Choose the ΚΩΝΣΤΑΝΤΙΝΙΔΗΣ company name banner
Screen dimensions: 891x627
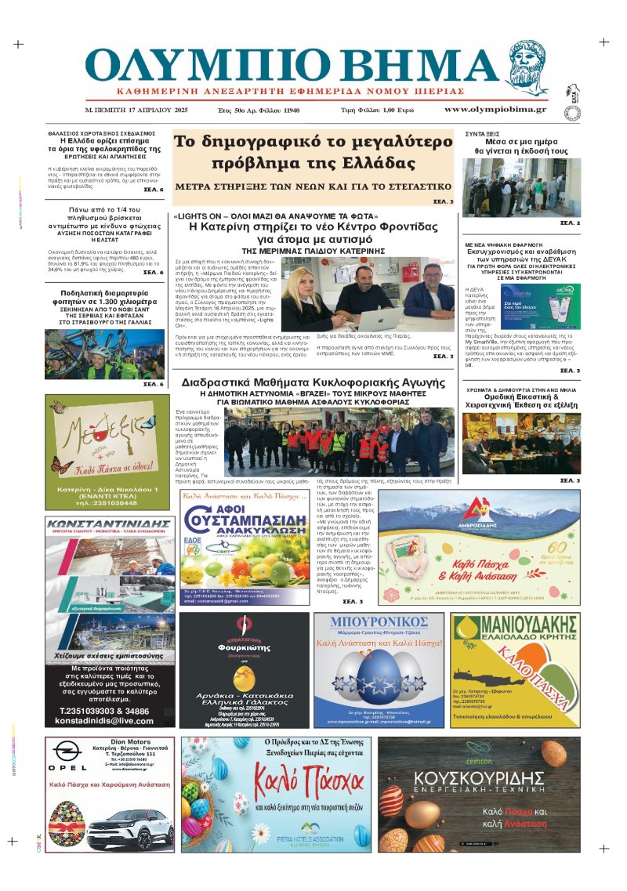[x=108, y=523]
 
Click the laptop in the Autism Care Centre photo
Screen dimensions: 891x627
[x=357, y=315]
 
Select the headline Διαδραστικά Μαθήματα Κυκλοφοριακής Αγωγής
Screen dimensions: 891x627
[x=310, y=384]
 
